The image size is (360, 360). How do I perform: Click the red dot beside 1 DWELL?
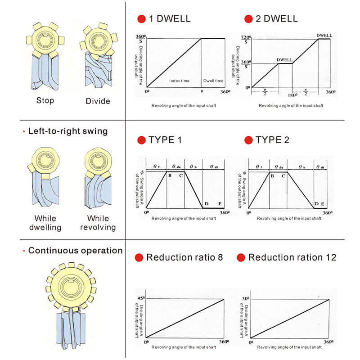point(141,19)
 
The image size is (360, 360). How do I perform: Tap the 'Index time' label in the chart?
point(179,81)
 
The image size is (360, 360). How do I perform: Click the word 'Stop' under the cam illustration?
point(45,100)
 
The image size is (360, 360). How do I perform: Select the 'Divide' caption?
point(98,101)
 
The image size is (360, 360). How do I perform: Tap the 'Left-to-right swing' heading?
point(68,131)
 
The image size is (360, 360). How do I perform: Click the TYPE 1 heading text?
point(165,140)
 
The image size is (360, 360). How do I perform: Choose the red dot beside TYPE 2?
point(248,140)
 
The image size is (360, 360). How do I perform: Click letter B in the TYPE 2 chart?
point(272,175)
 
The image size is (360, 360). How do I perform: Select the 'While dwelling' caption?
point(45,223)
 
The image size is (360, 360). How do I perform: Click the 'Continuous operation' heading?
point(75,251)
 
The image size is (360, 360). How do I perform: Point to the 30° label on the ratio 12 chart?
point(245,298)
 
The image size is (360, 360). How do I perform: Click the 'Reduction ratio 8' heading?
point(184,257)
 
